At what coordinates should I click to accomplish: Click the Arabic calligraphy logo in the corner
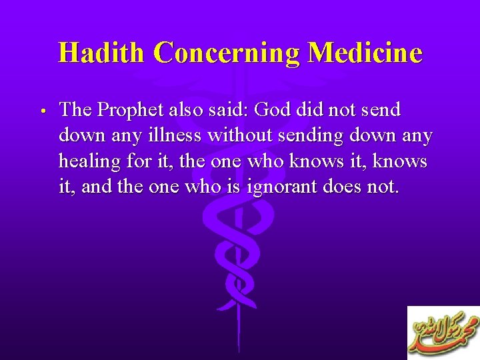click(x=443, y=333)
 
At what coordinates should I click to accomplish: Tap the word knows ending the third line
click(x=403, y=162)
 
